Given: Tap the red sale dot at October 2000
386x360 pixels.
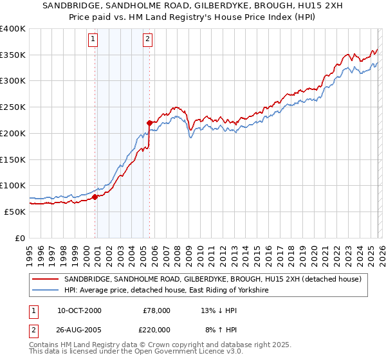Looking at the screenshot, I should pos(95,197).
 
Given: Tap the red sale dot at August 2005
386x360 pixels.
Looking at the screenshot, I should pos(150,122).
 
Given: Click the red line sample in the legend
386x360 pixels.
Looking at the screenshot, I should pos(46,279).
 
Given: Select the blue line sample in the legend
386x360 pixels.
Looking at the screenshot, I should pos(46,291).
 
